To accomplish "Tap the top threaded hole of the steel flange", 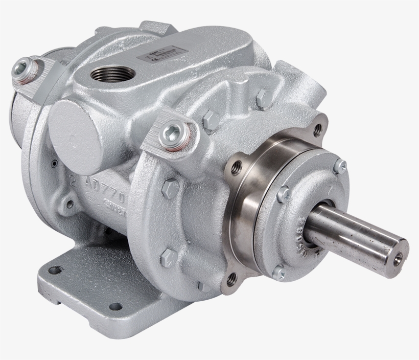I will click(x=317, y=130).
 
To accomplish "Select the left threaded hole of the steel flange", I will click(x=236, y=167).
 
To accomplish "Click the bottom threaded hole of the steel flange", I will click(x=231, y=279).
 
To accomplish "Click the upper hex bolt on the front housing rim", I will click(x=170, y=189).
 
